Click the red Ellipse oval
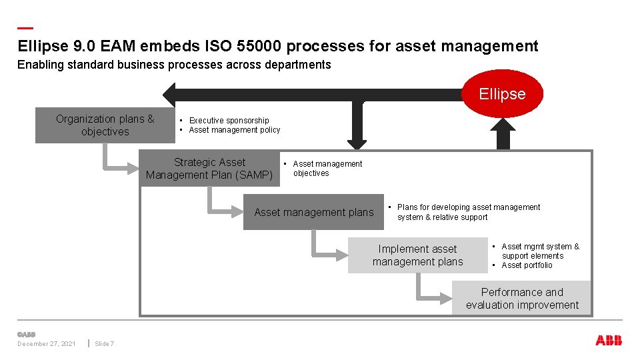coord(502,94)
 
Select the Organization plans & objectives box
coord(105,125)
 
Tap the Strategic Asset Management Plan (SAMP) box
coord(209,169)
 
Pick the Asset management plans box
coord(314,212)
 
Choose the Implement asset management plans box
coord(417,255)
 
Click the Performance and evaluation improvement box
coord(522,299)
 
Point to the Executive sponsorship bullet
coord(229,121)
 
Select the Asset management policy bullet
coord(234,130)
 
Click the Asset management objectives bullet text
coord(327,169)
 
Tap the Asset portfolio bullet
coord(527,265)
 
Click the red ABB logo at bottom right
coord(609,341)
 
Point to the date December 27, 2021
coord(46,344)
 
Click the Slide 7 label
coord(105,344)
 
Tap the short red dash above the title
coord(25,28)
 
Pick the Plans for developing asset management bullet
coord(468,207)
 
